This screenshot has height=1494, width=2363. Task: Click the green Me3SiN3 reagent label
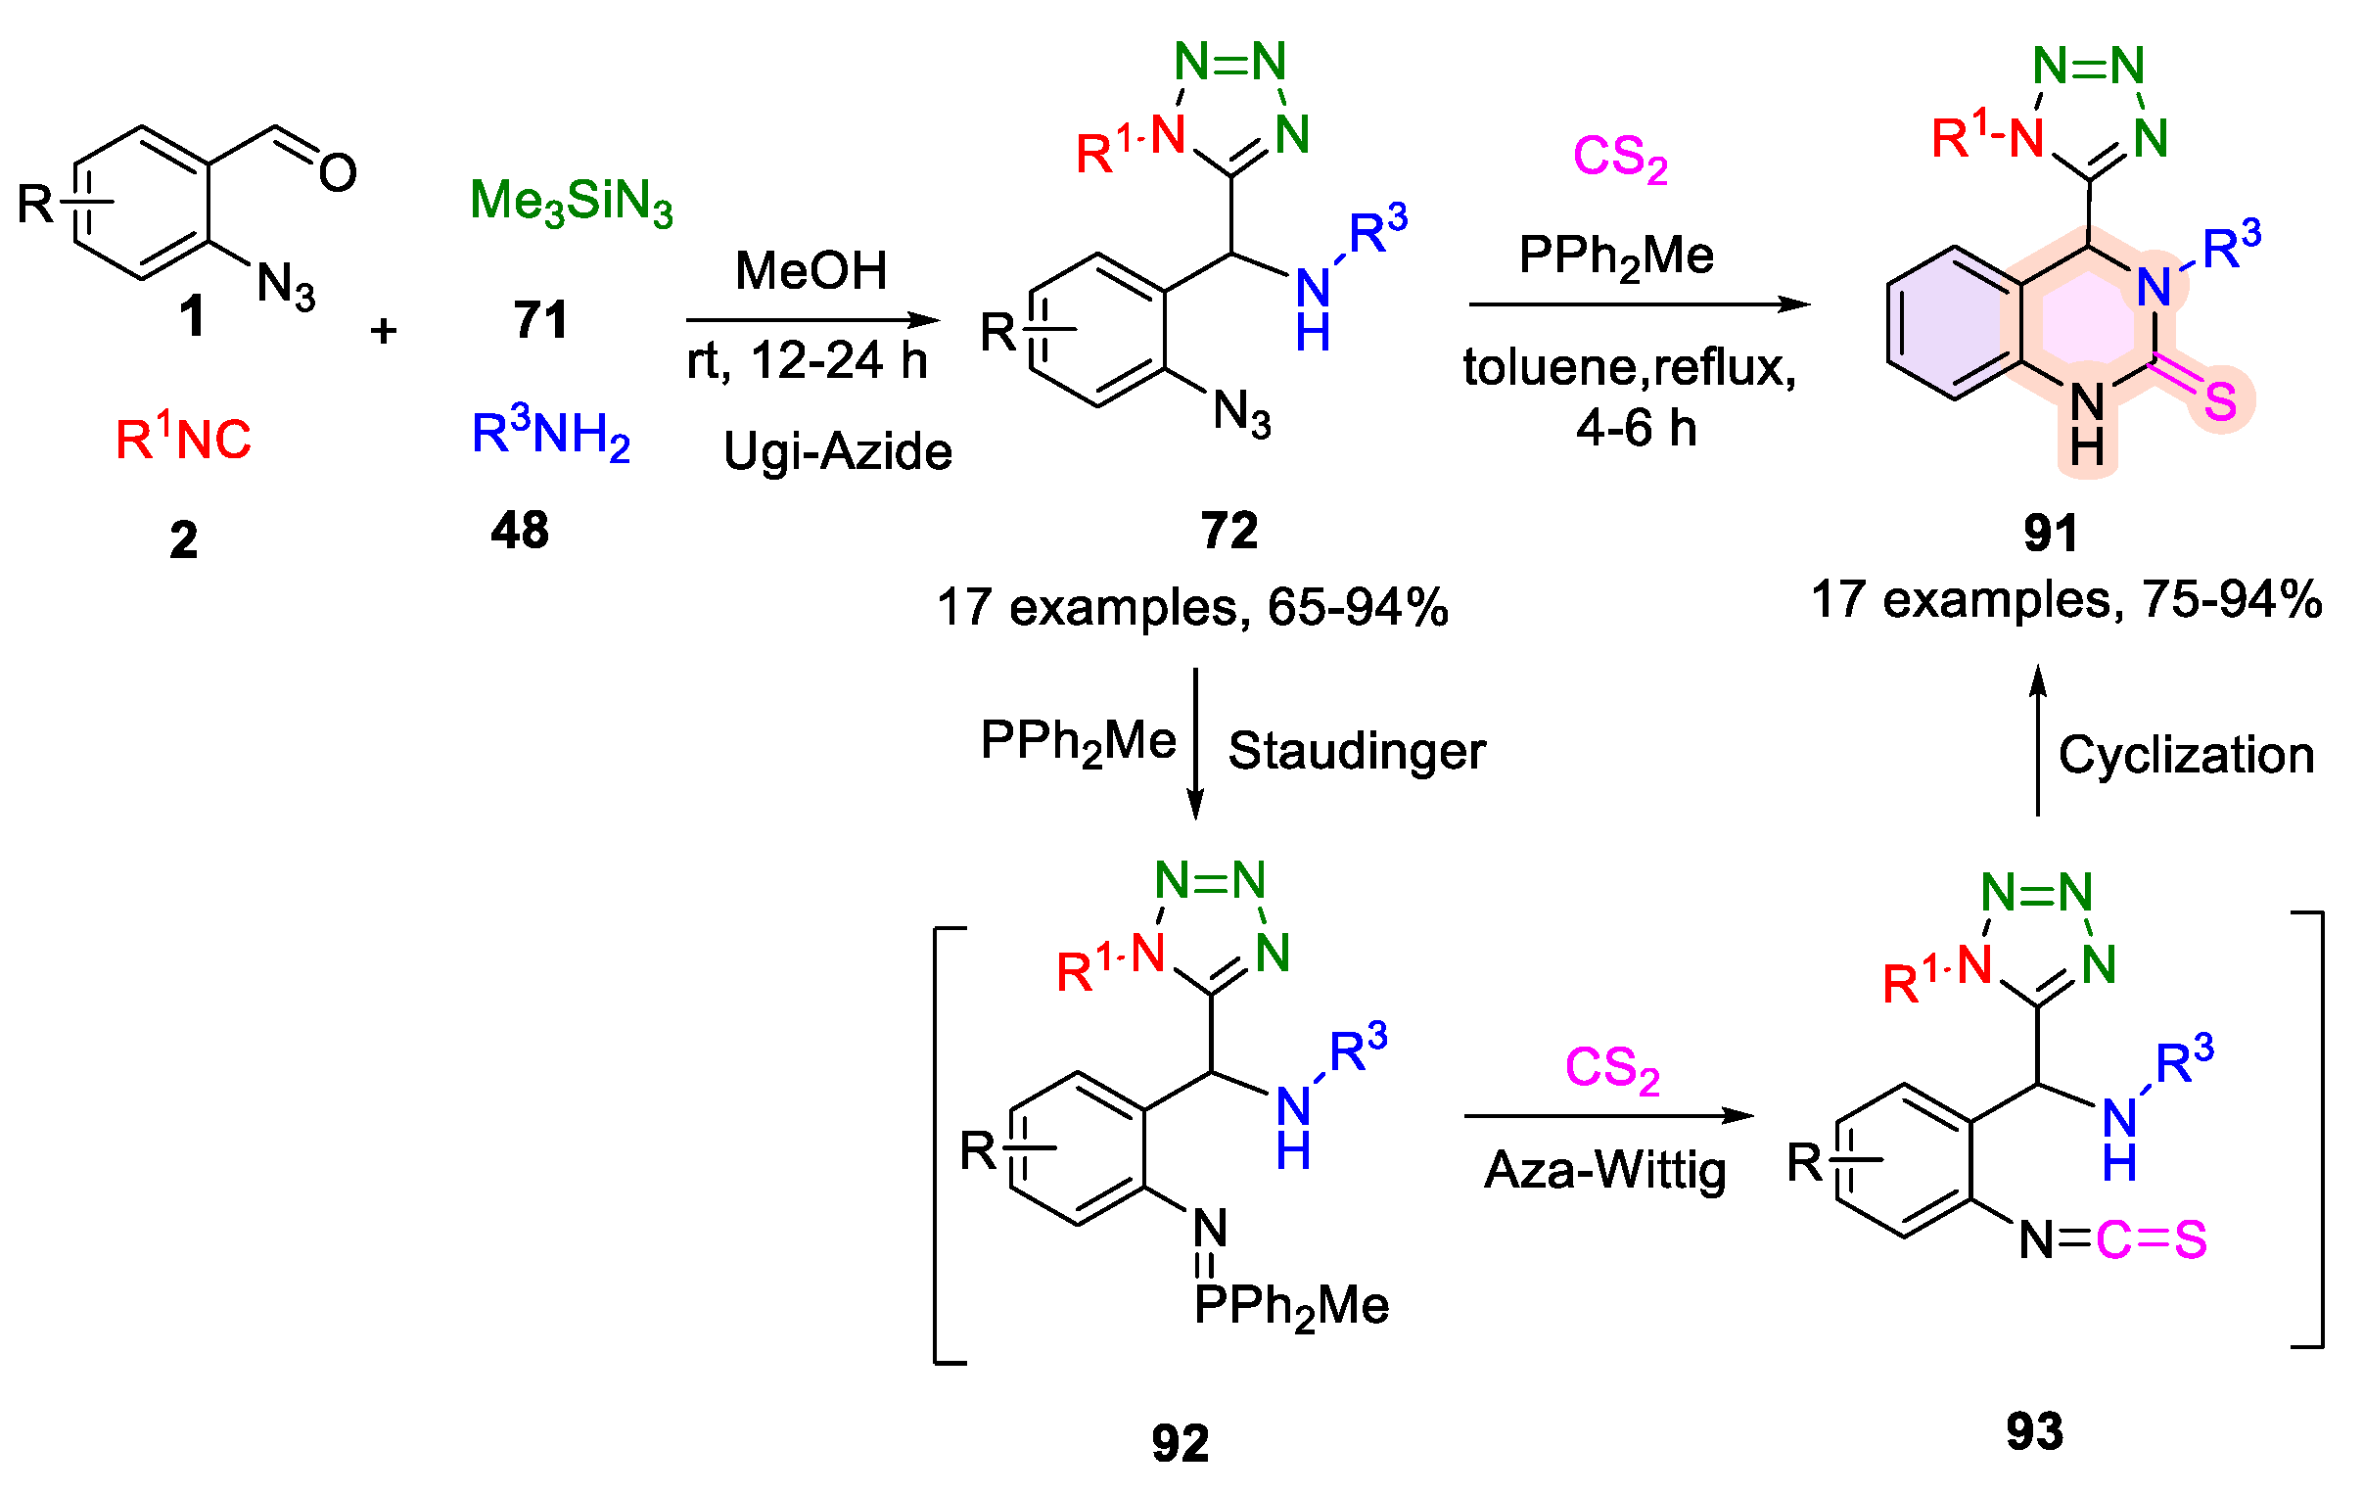click(x=571, y=202)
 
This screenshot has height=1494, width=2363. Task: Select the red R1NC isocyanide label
click(x=183, y=438)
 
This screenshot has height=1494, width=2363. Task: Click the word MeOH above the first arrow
click(x=811, y=270)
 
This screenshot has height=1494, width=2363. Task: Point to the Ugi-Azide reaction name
click(x=837, y=451)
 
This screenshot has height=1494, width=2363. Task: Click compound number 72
click(x=1228, y=531)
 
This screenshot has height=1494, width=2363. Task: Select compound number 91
click(x=2050, y=533)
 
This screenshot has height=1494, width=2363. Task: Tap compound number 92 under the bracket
click(x=1180, y=1443)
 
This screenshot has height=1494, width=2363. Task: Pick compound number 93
click(x=2034, y=1431)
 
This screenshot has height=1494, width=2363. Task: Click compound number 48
click(x=519, y=531)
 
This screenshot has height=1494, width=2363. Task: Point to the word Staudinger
click(x=1356, y=752)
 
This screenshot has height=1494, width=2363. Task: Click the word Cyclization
click(x=2186, y=755)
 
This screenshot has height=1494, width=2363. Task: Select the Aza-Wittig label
click(x=1604, y=1170)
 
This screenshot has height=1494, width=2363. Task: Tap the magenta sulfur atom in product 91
click(x=2220, y=400)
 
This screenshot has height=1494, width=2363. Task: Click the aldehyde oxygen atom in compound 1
click(x=338, y=173)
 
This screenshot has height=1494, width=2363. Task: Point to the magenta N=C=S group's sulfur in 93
click(x=2191, y=1239)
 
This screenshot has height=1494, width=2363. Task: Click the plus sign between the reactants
click(x=384, y=331)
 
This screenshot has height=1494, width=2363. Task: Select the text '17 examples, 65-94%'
click(x=1192, y=607)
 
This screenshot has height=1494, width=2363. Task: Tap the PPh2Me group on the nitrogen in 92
click(x=1290, y=1306)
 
